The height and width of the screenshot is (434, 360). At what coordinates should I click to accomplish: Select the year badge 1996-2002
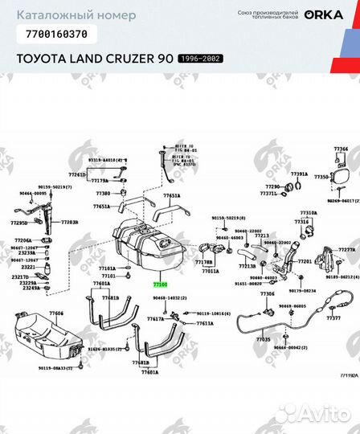coord(200,59)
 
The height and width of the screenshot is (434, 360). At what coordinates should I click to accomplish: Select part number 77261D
coord(76,174)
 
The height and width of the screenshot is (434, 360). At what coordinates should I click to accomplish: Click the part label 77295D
coord(18,223)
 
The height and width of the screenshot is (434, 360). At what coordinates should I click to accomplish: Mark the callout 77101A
coord(107,268)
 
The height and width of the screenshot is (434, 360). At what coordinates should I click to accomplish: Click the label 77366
coord(342,149)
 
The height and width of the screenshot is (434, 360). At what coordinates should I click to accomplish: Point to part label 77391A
coord(299,174)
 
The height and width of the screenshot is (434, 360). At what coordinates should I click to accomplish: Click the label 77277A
coord(346,249)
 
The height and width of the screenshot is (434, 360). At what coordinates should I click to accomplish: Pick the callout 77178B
coord(203,262)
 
